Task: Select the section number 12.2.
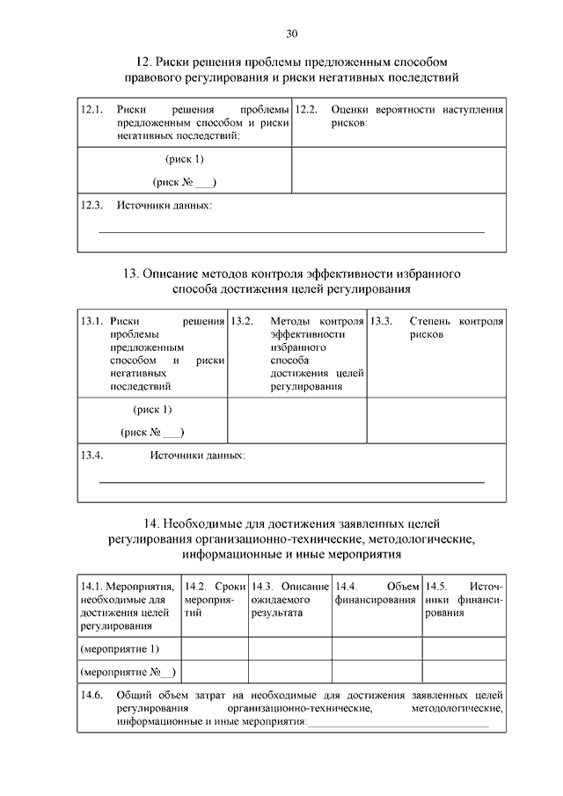[305, 111]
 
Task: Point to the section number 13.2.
[242, 322]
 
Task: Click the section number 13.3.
[381, 322]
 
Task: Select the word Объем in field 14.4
[402, 586]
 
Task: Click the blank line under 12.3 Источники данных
[290, 230]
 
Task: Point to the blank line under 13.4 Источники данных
[290, 481]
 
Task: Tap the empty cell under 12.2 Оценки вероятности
[398, 170]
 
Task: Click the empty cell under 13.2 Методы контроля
[296, 420]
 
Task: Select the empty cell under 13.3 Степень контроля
[435, 420]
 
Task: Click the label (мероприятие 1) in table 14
[120, 649]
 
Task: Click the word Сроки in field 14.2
[230, 586]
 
